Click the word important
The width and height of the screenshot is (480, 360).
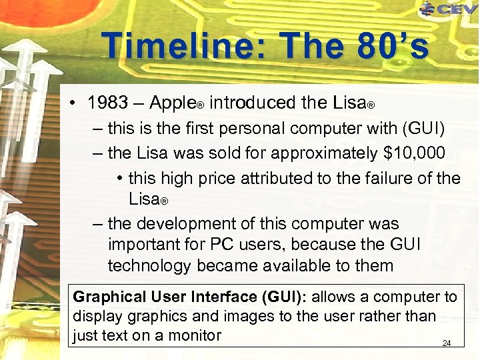(143, 244)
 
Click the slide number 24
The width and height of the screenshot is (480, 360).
(447, 343)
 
